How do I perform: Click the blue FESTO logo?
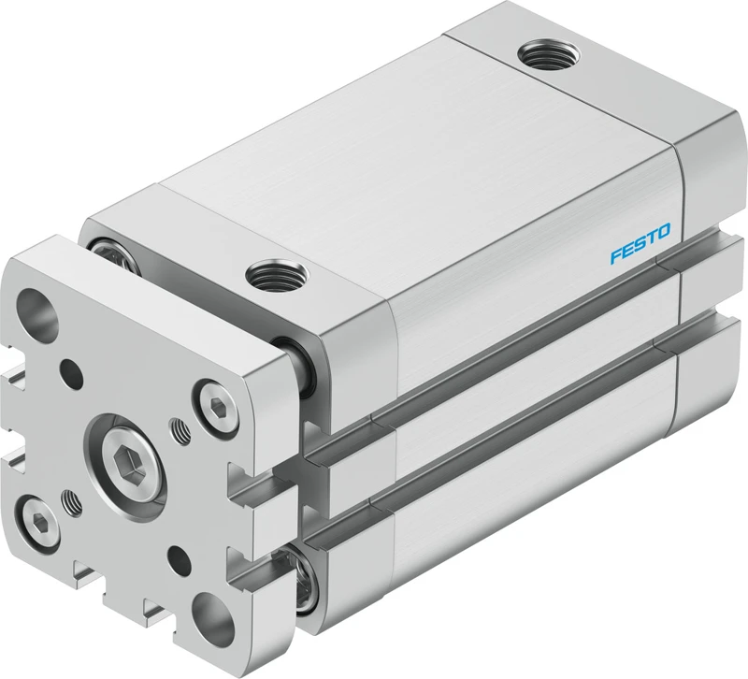640,243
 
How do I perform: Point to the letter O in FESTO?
664,231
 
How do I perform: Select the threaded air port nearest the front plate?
277,275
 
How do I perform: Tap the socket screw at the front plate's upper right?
217,407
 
